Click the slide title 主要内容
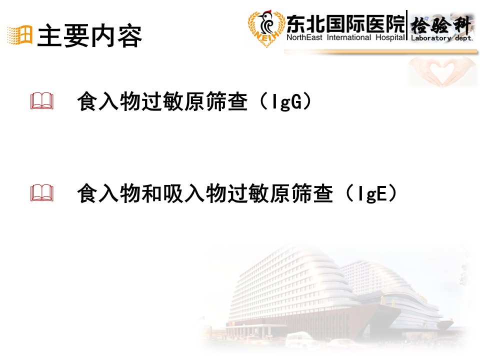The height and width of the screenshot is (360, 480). coord(89,36)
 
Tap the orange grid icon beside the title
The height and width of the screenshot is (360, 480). coord(20,35)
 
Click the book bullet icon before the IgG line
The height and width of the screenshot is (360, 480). coord(42,100)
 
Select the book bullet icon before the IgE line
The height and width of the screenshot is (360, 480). coord(42,193)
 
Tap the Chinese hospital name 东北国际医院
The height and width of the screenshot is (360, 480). coord(345,24)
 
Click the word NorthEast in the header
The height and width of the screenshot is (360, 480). coord(304,37)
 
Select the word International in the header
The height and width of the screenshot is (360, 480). coord(349,37)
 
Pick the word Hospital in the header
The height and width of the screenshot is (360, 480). coord(390,37)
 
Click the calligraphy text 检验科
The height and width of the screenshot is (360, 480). coord(441,25)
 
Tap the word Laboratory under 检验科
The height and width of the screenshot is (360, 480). coord(431,38)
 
